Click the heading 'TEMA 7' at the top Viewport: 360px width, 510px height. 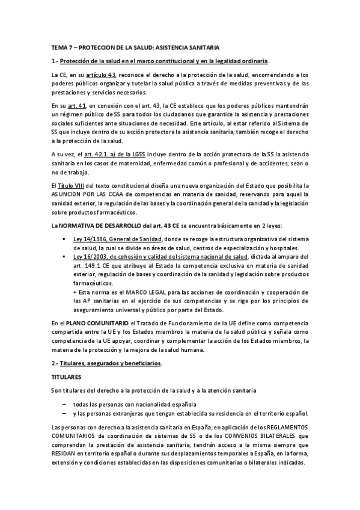click(63, 46)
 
